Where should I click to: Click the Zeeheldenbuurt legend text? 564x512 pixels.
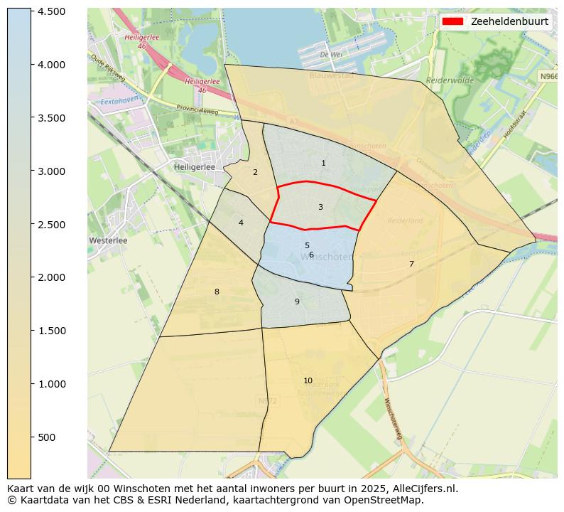pyautogui.click(x=509, y=21)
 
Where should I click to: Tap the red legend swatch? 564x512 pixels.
pyautogui.click(x=452, y=21)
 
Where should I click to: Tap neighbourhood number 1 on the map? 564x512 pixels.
pyautogui.click(x=323, y=164)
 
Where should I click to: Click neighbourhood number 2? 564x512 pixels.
pyautogui.click(x=255, y=172)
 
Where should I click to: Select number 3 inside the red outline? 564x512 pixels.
pyautogui.click(x=320, y=208)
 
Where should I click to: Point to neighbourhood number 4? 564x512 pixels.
pyautogui.click(x=241, y=223)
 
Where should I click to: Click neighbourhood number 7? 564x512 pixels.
pyautogui.click(x=411, y=265)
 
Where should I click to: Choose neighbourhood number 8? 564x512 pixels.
pyautogui.click(x=217, y=292)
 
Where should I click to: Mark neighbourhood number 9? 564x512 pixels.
pyautogui.click(x=297, y=302)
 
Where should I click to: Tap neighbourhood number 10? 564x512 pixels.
pyautogui.click(x=308, y=380)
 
